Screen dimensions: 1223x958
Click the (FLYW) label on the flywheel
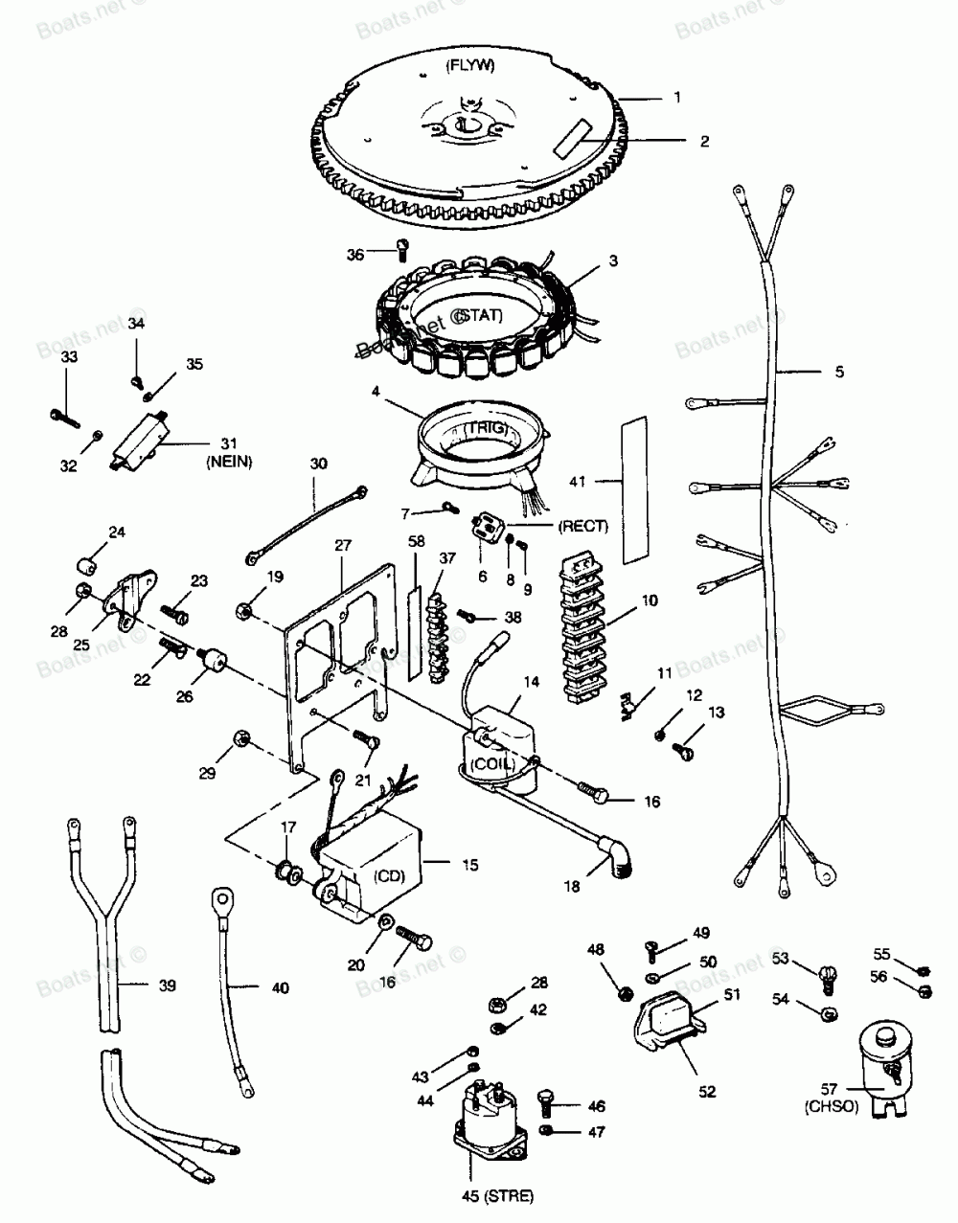click(x=468, y=66)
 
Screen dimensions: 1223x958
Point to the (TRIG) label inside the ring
click(x=485, y=431)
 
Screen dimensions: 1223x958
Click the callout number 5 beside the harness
click(x=839, y=372)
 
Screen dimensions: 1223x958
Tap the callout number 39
click(x=168, y=985)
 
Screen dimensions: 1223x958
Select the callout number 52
click(x=707, y=1090)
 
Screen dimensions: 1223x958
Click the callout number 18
click(x=572, y=887)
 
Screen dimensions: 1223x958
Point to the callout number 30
click(x=318, y=464)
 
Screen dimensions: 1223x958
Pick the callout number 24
click(x=117, y=532)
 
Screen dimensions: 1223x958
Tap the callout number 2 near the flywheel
click(x=704, y=142)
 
